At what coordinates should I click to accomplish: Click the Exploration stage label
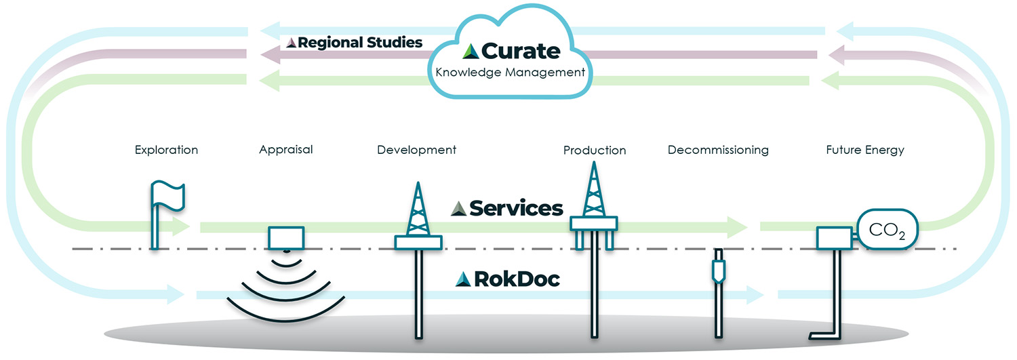[x=166, y=150]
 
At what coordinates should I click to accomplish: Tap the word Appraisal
[x=285, y=149]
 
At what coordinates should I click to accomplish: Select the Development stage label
[x=416, y=149]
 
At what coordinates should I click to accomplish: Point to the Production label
[x=594, y=150]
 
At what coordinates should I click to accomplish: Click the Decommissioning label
[x=718, y=149]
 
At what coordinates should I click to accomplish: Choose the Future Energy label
[x=864, y=150]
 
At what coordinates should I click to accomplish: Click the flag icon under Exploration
[x=167, y=196]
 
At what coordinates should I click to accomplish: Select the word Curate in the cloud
[x=521, y=51]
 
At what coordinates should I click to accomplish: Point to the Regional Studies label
[x=360, y=43]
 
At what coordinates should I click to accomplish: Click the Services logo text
[x=516, y=208]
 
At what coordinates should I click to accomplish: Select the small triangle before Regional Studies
[x=291, y=43]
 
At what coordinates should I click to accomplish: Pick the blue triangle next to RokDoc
[x=463, y=279]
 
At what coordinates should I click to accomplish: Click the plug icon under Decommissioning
[x=717, y=268]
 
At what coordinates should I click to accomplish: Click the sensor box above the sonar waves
[x=285, y=237]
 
